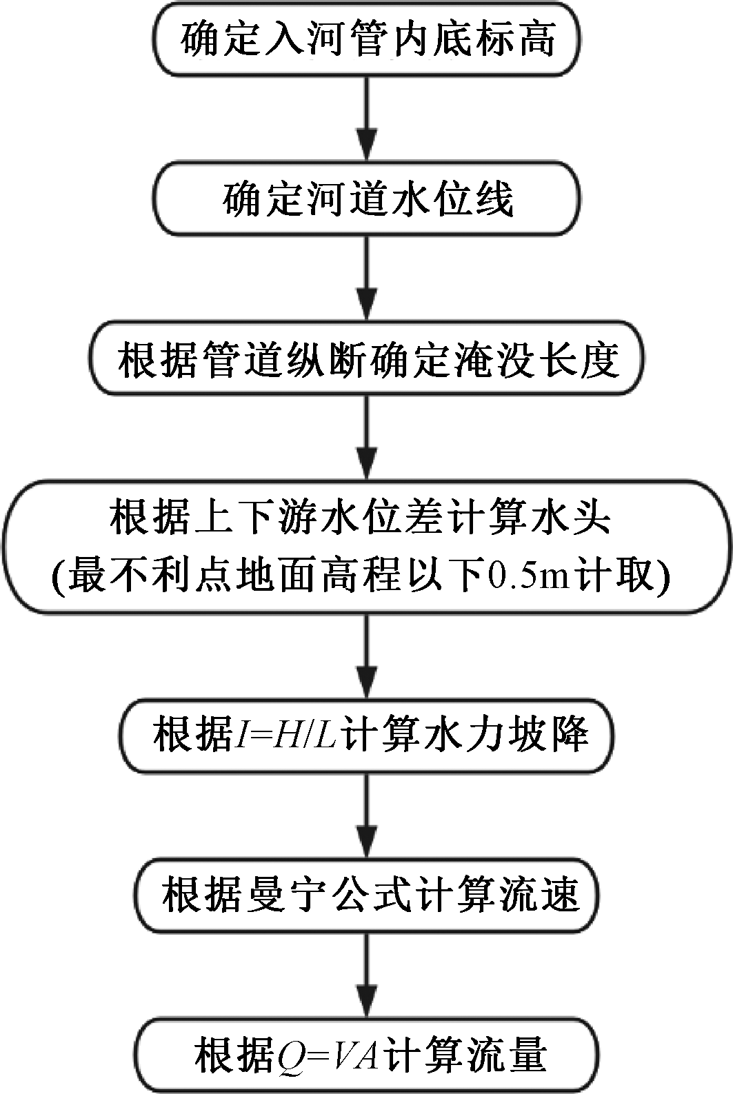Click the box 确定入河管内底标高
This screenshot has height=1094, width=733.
point(366,39)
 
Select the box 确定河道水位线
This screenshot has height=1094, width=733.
point(366,199)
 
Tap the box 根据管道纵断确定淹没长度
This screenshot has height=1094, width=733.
point(366,360)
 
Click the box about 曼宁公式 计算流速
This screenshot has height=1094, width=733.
point(366,895)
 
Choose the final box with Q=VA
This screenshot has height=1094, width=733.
point(366,1055)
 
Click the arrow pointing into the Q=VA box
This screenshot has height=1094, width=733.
point(366,975)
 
